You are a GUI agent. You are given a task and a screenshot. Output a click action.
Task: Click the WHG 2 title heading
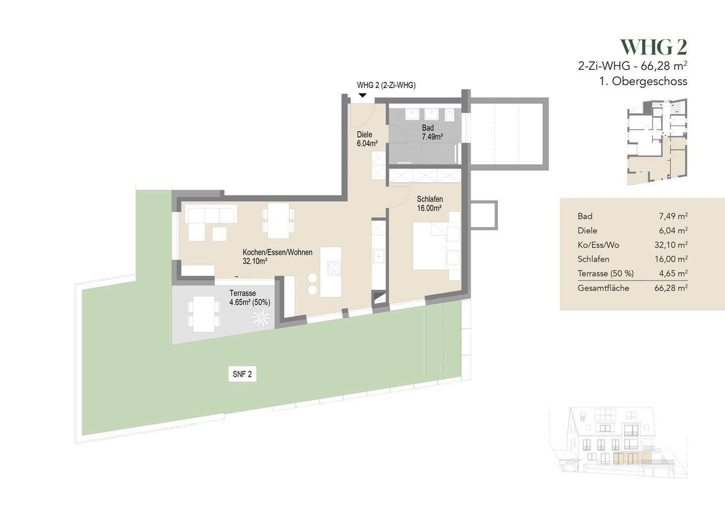click(x=654, y=47)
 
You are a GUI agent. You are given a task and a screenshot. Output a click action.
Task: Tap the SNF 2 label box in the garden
click(x=242, y=374)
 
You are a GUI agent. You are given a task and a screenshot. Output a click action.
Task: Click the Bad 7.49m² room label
click(x=432, y=132)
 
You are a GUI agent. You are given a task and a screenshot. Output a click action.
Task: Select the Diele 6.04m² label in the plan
click(x=367, y=139)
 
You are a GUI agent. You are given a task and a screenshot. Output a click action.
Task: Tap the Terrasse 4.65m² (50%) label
click(x=250, y=298)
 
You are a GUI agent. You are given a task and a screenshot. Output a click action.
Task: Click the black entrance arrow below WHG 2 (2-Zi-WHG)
click(x=362, y=95)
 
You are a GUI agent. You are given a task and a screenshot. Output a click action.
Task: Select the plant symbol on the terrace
click(x=262, y=318)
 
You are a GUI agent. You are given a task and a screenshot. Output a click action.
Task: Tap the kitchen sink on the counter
click(x=378, y=257)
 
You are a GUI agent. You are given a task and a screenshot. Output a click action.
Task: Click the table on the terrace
click(x=204, y=314)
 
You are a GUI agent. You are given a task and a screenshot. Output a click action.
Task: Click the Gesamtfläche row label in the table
click(x=603, y=288)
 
